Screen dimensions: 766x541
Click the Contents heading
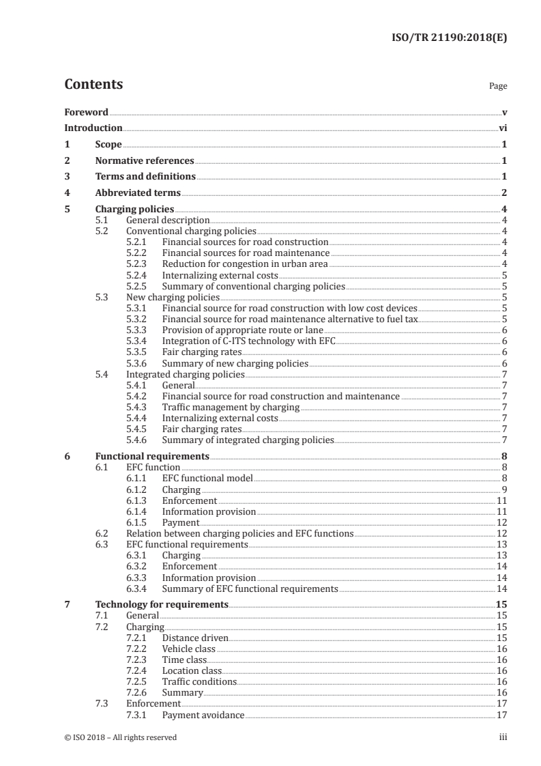click(x=93, y=85)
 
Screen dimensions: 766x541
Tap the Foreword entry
click(x=86, y=112)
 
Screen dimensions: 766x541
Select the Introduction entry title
click(x=93, y=128)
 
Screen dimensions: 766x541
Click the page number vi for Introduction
click(x=502, y=128)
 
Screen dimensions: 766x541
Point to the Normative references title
click(x=145, y=161)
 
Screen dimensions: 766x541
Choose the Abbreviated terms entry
click(x=138, y=193)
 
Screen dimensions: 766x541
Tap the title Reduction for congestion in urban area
click(x=245, y=264)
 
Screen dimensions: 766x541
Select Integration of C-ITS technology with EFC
click(x=249, y=341)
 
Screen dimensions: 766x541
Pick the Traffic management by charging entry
click(x=231, y=408)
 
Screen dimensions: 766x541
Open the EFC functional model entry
click(x=207, y=479)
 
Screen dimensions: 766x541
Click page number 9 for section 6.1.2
click(x=503, y=490)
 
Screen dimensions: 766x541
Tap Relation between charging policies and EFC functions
click(x=240, y=533)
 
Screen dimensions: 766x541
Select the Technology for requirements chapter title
click(x=162, y=604)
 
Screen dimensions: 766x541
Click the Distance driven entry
click(x=195, y=638)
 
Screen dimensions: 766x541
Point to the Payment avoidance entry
click(x=203, y=715)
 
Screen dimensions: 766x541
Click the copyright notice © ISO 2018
click(x=120, y=737)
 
